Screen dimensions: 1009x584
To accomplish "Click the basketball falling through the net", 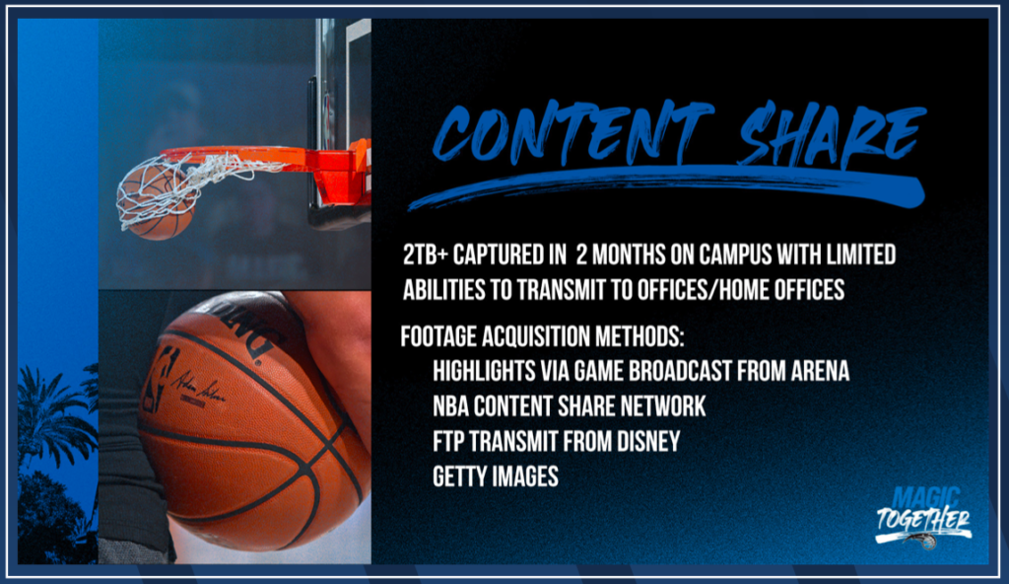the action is coord(157,203).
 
